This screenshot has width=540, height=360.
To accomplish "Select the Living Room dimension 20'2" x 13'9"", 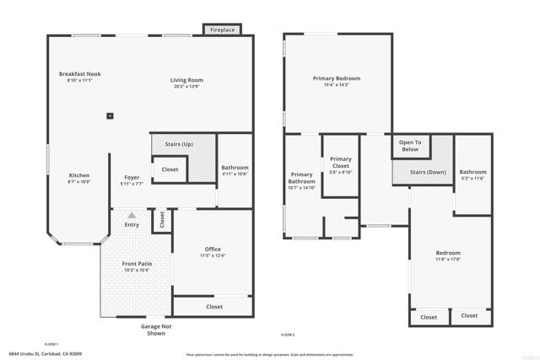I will [x=188, y=87].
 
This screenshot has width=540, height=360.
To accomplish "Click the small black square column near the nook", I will [x=110, y=116].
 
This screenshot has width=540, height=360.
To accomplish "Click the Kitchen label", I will [x=78, y=176].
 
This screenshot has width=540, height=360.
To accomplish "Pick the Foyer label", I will [x=132, y=177].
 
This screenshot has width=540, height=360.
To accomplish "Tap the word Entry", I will [x=132, y=224].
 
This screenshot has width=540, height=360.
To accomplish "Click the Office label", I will [x=213, y=249].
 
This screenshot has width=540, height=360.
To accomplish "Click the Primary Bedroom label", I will [x=336, y=78].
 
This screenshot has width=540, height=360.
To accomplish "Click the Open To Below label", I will [x=411, y=145].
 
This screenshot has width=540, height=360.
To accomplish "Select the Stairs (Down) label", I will [x=428, y=172].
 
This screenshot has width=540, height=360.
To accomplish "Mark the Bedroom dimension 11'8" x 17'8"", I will [x=448, y=259].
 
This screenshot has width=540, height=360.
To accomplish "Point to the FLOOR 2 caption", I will [x=287, y=335].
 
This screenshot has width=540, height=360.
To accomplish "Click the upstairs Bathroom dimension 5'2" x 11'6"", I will [x=473, y=178].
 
